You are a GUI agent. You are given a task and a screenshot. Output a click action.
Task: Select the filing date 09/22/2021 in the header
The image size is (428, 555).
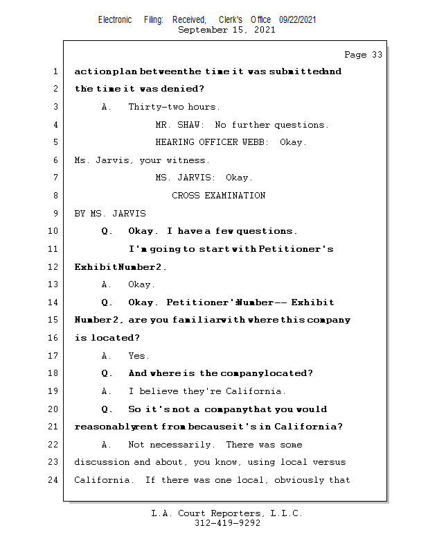tap(298, 20)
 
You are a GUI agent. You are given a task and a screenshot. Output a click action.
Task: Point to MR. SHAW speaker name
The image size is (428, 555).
tap(179, 125)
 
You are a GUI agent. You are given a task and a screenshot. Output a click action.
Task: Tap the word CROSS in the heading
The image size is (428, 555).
tap(186, 196)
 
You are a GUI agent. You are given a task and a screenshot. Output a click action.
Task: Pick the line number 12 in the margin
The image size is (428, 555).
tap(55, 267)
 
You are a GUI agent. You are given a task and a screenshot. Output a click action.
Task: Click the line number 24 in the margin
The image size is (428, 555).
tap(55, 480)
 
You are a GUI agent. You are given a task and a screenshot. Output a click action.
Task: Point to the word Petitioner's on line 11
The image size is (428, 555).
tap(296, 249)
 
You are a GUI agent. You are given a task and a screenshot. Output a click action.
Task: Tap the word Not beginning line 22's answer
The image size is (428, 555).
tap(137, 445)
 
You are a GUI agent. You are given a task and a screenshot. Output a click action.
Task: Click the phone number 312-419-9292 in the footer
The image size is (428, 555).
tap(227, 524)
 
